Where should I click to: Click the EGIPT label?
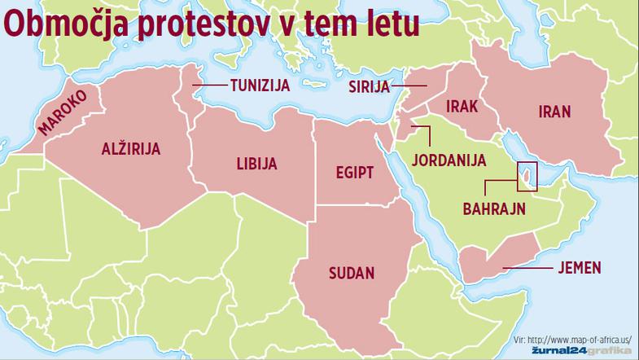tap(354, 172)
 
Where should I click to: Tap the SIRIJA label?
tap(370, 86)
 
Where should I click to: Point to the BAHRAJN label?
tap(494, 209)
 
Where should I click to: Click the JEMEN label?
tap(580, 266)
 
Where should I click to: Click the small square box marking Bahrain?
tap(527, 175)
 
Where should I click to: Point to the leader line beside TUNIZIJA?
tap(211, 85)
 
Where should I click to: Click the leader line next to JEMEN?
tap(529, 266)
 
